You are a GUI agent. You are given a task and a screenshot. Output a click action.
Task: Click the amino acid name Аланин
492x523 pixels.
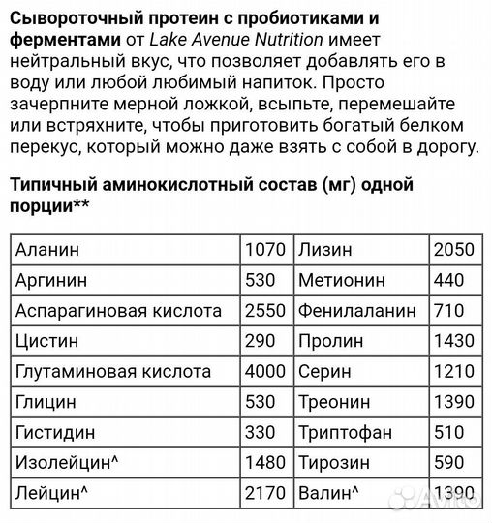click(47, 249)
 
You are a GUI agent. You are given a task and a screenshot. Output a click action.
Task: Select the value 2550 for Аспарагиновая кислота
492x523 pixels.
click(263, 311)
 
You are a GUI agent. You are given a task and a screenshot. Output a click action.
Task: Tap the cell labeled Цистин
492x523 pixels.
click(46, 342)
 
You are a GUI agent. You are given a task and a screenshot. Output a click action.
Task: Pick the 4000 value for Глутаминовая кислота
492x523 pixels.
click(263, 372)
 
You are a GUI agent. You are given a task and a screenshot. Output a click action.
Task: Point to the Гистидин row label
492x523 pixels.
click(55, 433)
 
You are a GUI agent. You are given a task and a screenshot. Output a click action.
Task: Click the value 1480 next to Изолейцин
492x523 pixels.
click(263, 464)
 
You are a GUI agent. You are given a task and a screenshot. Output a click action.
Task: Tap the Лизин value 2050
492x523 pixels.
click(454, 249)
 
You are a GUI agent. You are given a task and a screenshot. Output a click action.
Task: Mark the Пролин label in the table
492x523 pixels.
click(331, 342)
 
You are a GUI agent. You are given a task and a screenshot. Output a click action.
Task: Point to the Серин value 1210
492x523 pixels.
click(454, 372)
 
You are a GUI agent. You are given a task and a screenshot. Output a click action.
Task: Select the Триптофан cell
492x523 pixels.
click(344, 433)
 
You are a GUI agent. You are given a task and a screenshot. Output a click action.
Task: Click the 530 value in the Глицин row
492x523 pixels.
click(259, 403)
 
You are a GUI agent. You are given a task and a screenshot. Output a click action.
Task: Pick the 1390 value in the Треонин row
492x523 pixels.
click(454, 403)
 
